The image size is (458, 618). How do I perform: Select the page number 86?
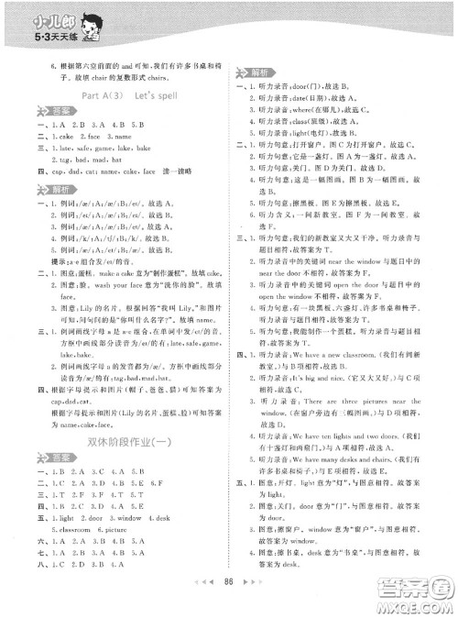coord(228,605)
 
